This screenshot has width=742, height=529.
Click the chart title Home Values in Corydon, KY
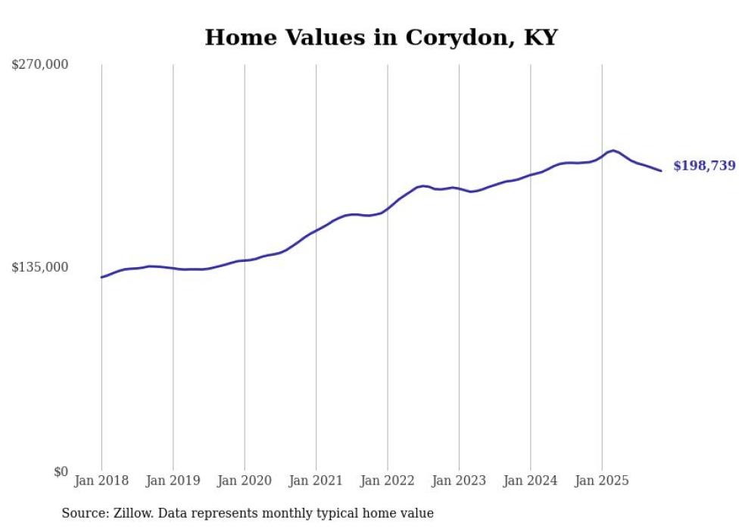pyautogui.click(x=381, y=38)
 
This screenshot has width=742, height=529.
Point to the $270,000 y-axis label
pyautogui.click(x=39, y=64)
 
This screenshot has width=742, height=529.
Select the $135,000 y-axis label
pyautogui.click(x=39, y=267)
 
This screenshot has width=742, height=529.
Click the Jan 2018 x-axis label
pyautogui.click(x=101, y=481)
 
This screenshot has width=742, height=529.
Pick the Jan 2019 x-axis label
pyautogui.click(x=173, y=481)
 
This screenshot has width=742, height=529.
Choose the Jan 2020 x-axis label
pyautogui.click(x=245, y=481)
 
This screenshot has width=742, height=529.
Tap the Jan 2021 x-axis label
pyautogui.click(x=316, y=481)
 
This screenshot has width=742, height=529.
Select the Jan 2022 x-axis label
pyautogui.click(x=388, y=481)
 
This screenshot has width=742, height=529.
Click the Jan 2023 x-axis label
pyautogui.click(x=459, y=481)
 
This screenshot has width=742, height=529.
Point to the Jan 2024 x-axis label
pyautogui.click(x=530, y=481)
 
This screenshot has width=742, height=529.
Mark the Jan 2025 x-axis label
pyautogui.click(x=602, y=481)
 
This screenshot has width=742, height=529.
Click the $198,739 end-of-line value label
pyautogui.click(x=704, y=166)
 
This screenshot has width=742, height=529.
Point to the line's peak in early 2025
pyautogui.click(x=613, y=151)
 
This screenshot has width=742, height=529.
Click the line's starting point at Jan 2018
pyautogui.click(x=101, y=277)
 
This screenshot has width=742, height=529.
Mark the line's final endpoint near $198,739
pyautogui.click(x=661, y=171)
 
